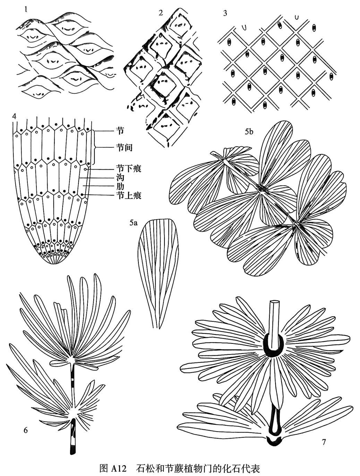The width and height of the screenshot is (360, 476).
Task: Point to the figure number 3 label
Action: [225, 13]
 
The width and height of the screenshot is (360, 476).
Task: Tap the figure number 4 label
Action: [14, 116]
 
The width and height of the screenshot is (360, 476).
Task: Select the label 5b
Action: [249, 131]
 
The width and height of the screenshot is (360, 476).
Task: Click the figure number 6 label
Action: [25, 431]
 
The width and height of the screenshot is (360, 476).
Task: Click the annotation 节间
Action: [124, 147]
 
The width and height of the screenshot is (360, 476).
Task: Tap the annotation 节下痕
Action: [128, 169]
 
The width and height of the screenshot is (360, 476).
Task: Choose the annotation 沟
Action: [120, 178]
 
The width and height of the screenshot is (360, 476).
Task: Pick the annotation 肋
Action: [120, 187]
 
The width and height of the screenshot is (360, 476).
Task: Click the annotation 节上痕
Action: [128, 195]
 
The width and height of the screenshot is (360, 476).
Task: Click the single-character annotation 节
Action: [120, 131]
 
